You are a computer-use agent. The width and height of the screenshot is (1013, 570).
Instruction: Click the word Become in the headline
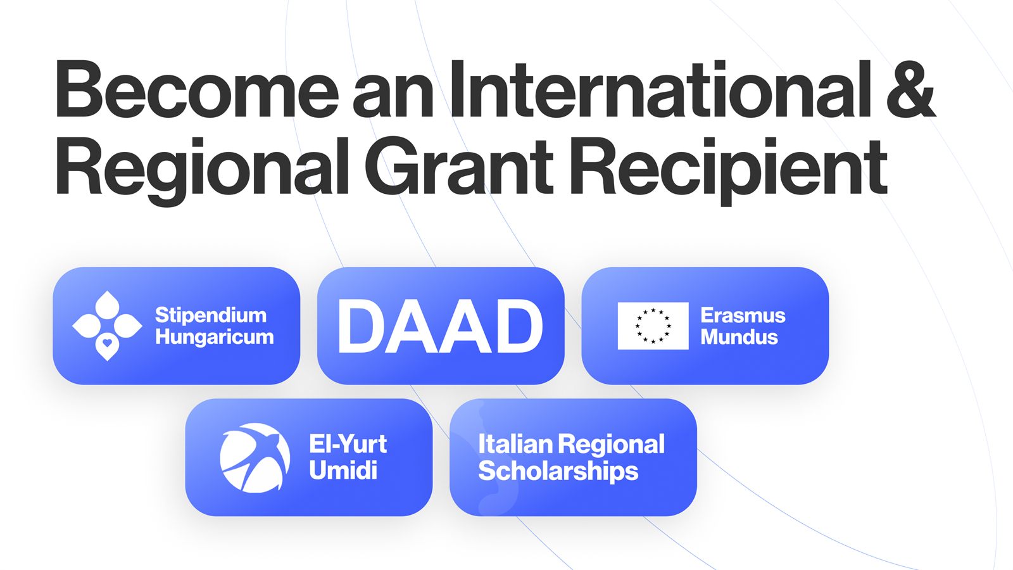[x=197, y=89]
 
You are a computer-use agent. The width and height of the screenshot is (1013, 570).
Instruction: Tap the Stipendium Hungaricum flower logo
[x=107, y=326]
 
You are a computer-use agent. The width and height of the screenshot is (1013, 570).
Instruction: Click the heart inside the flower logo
[x=107, y=343]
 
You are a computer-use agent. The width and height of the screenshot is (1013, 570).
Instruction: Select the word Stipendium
[x=211, y=316]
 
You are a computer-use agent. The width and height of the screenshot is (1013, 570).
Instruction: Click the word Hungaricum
[x=215, y=338]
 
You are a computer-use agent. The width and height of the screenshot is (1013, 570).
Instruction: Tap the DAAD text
[x=441, y=326]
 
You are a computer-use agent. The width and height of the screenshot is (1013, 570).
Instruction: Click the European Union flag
[x=653, y=326]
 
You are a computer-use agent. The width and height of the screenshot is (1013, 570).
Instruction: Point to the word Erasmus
[x=743, y=315]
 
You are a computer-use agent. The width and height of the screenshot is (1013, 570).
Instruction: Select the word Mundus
[x=739, y=337]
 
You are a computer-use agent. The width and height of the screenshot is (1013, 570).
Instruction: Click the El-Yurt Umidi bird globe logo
[x=255, y=457]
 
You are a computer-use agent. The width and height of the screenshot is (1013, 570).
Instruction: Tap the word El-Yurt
[x=348, y=444]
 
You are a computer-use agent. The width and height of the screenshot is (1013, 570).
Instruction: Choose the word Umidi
[x=343, y=470]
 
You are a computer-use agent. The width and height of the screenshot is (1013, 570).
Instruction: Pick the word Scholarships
[x=558, y=472]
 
